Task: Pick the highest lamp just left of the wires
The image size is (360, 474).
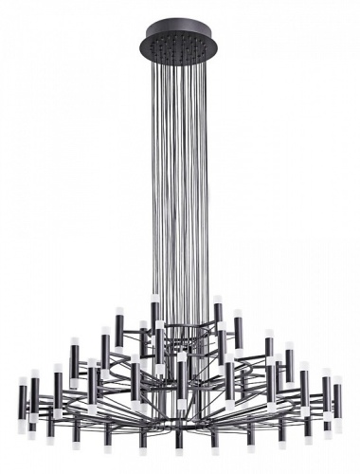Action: [x=153, y=316]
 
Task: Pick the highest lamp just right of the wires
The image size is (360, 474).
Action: [x=217, y=315]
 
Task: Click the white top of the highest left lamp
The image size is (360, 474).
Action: [x=153, y=299]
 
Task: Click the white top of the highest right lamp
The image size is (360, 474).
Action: [x=217, y=299]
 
